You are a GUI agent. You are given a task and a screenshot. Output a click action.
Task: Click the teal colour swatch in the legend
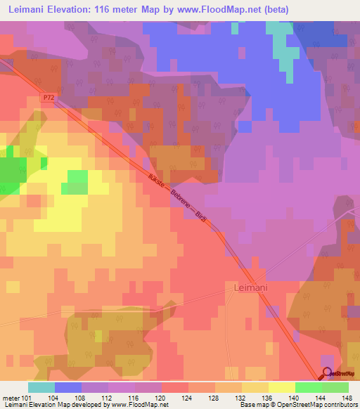click(41, 387)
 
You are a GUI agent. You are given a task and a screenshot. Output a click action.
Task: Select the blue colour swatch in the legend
click(67, 387)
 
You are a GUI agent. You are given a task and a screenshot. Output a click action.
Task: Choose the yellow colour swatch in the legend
click(281, 387)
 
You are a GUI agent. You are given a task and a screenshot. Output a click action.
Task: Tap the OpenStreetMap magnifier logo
click(327, 375)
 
